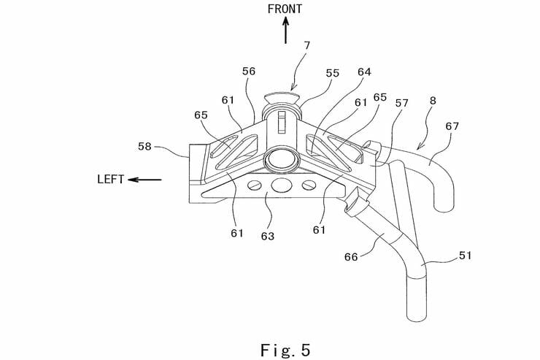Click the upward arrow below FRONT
click(x=285, y=31)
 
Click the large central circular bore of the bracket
click(x=279, y=158)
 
